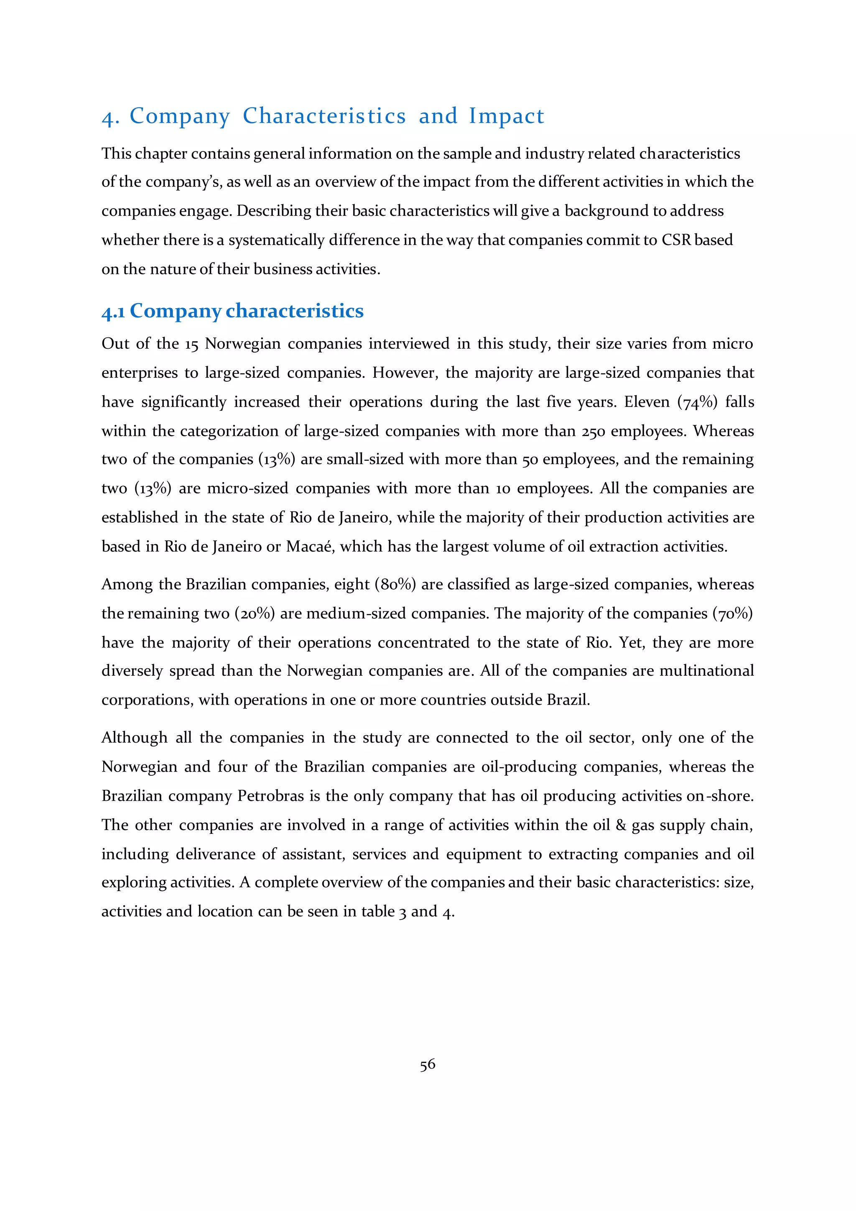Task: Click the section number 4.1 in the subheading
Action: (113, 311)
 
